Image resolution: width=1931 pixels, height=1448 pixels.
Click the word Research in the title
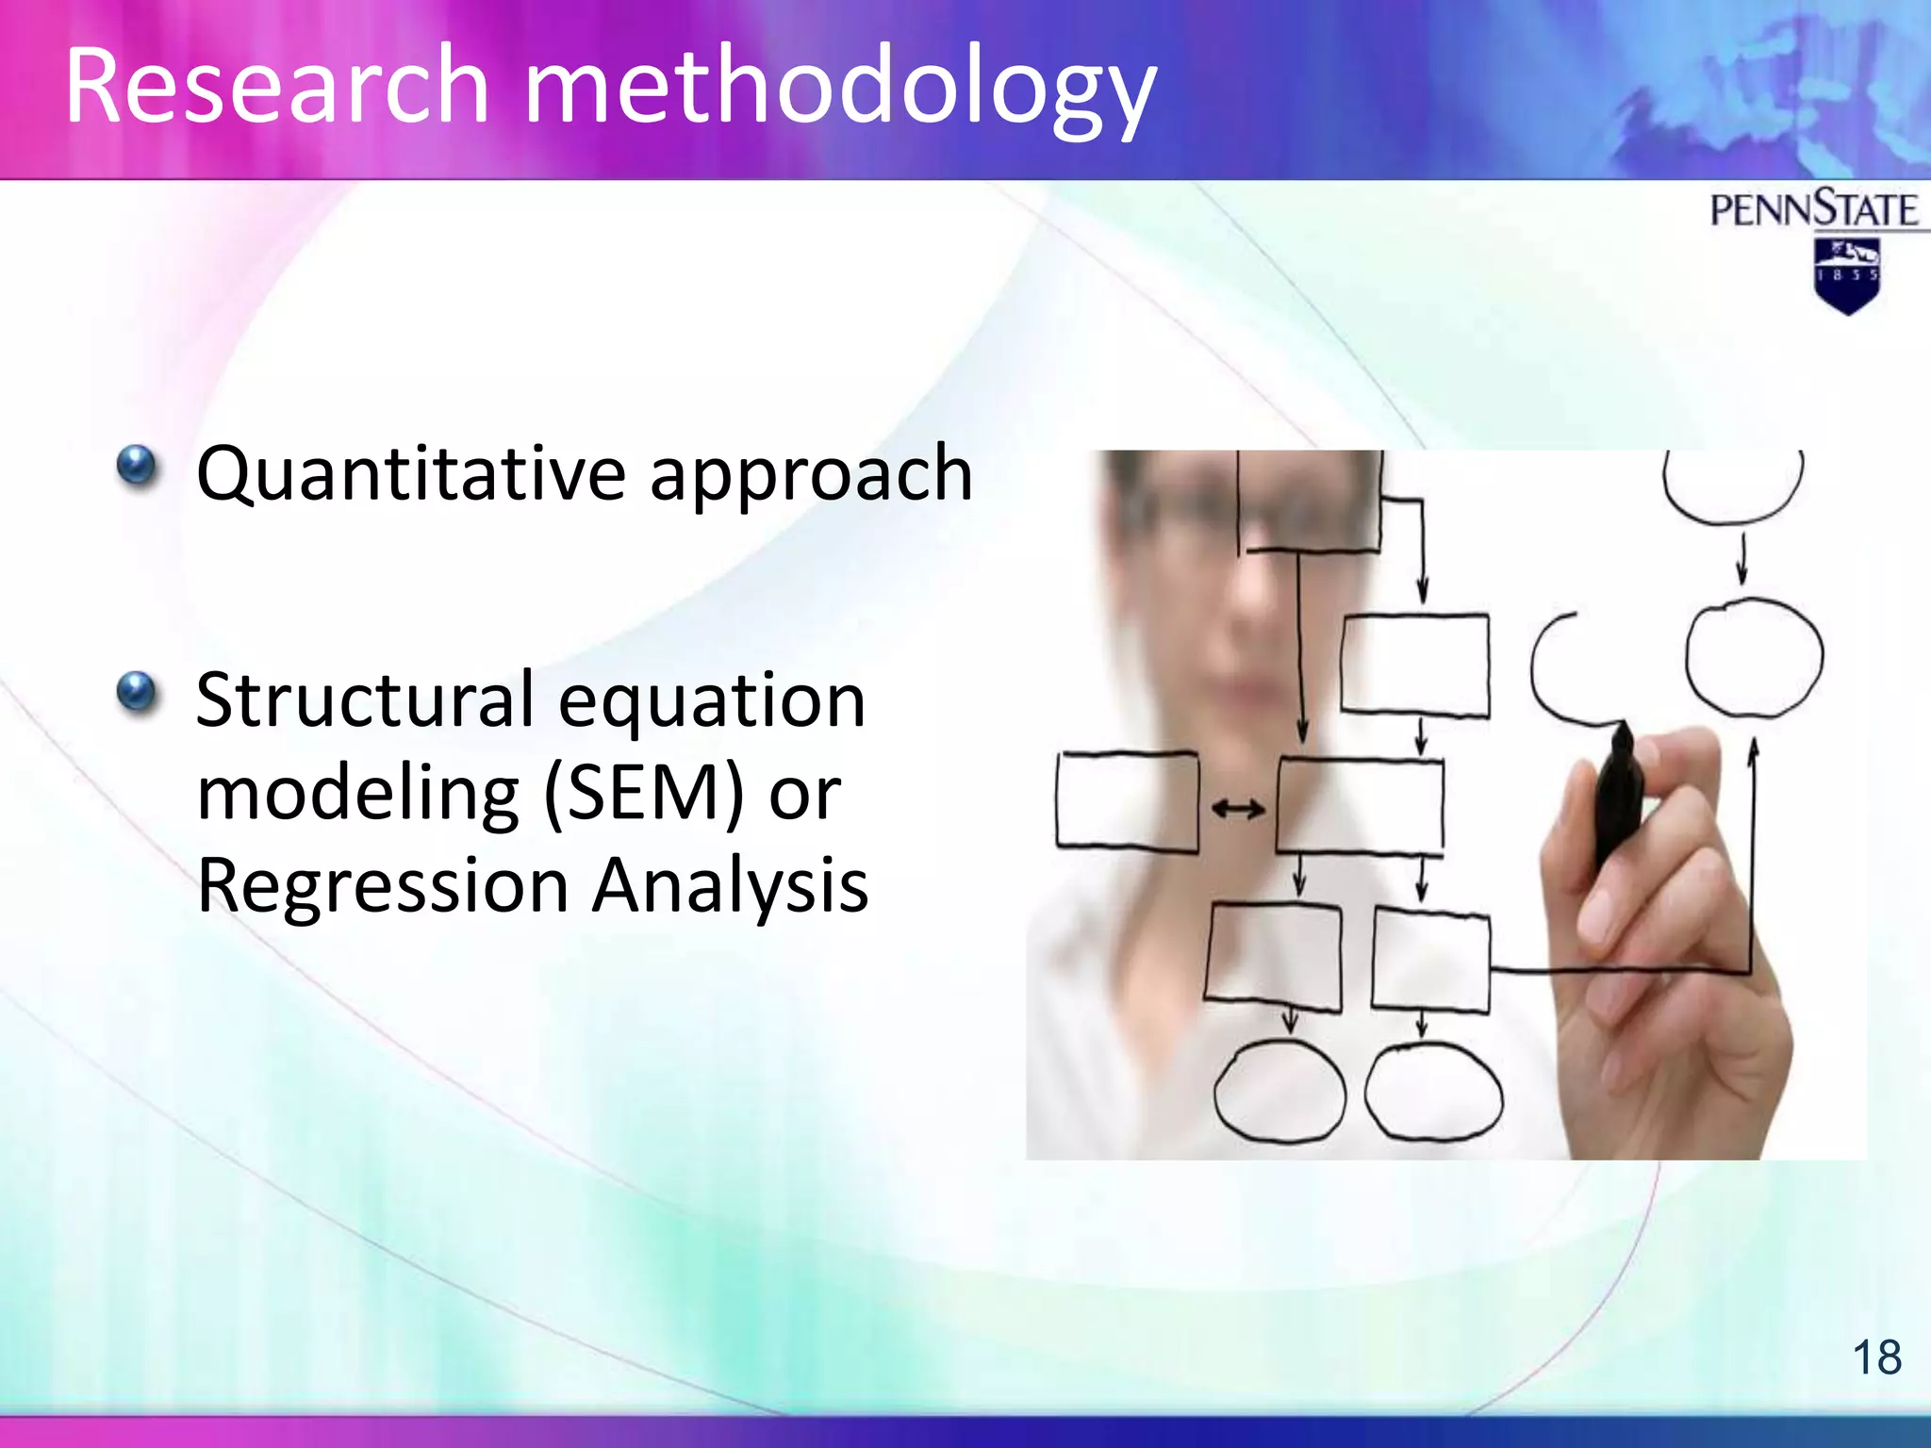276,87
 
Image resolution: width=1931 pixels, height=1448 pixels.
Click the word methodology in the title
838,90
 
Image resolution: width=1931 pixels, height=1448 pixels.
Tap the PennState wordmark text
1813,209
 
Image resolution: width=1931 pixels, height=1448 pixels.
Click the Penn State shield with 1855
1846,275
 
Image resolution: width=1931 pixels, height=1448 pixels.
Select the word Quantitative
411,474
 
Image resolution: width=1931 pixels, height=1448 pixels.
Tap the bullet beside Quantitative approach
138,466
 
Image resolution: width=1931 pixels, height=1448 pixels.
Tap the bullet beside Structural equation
138,692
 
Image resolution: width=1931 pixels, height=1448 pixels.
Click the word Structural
365,700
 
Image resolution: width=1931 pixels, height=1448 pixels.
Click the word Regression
382,885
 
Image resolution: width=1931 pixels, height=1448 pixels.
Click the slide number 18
1876,1358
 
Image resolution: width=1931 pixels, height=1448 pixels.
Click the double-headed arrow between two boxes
1237,809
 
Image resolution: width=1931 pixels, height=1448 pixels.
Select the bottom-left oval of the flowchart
1279,1092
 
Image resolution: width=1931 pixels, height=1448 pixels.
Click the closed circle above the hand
1754,658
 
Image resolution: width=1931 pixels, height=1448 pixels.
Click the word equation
712,700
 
